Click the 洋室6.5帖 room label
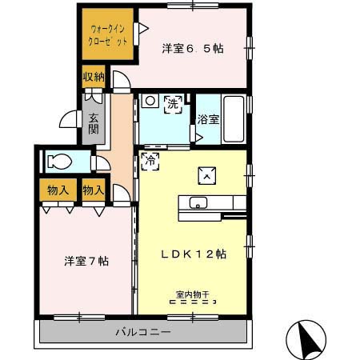pos(192,48)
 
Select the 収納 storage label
pos(94,78)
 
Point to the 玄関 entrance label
pos(94,122)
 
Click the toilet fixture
pos(59,162)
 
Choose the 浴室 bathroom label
pos(209,120)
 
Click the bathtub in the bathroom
pos(234,119)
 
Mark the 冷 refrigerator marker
pos(150,161)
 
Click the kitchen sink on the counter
pos(198,202)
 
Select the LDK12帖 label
pos(193,254)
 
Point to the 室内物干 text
pos(193,294)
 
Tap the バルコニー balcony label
pos(142,332)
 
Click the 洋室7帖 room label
pos(86,261)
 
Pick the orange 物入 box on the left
pos(58,190)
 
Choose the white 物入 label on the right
pos(94,190)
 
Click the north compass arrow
pos(308,339)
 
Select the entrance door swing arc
pos(69,120)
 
